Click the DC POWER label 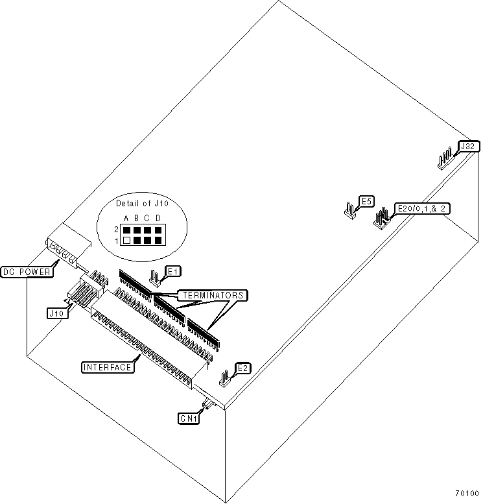(x=27, y=272)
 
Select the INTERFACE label (x=108, y=367)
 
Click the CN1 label (x=189, y=418)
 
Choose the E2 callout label (x=242, y=368)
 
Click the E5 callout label (x=366, y=202)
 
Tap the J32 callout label (x=467, y=147)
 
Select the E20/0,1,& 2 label (x=424, y=208)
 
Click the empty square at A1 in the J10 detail (x=127, y=241)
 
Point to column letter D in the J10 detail (x=158, y=218)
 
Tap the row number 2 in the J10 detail (x=117, y=230)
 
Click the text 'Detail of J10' (x=142, y=204)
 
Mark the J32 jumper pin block (x=446, y=160)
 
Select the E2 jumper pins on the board (x=225, y=378)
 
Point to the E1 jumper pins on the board (x=155, y=278)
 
